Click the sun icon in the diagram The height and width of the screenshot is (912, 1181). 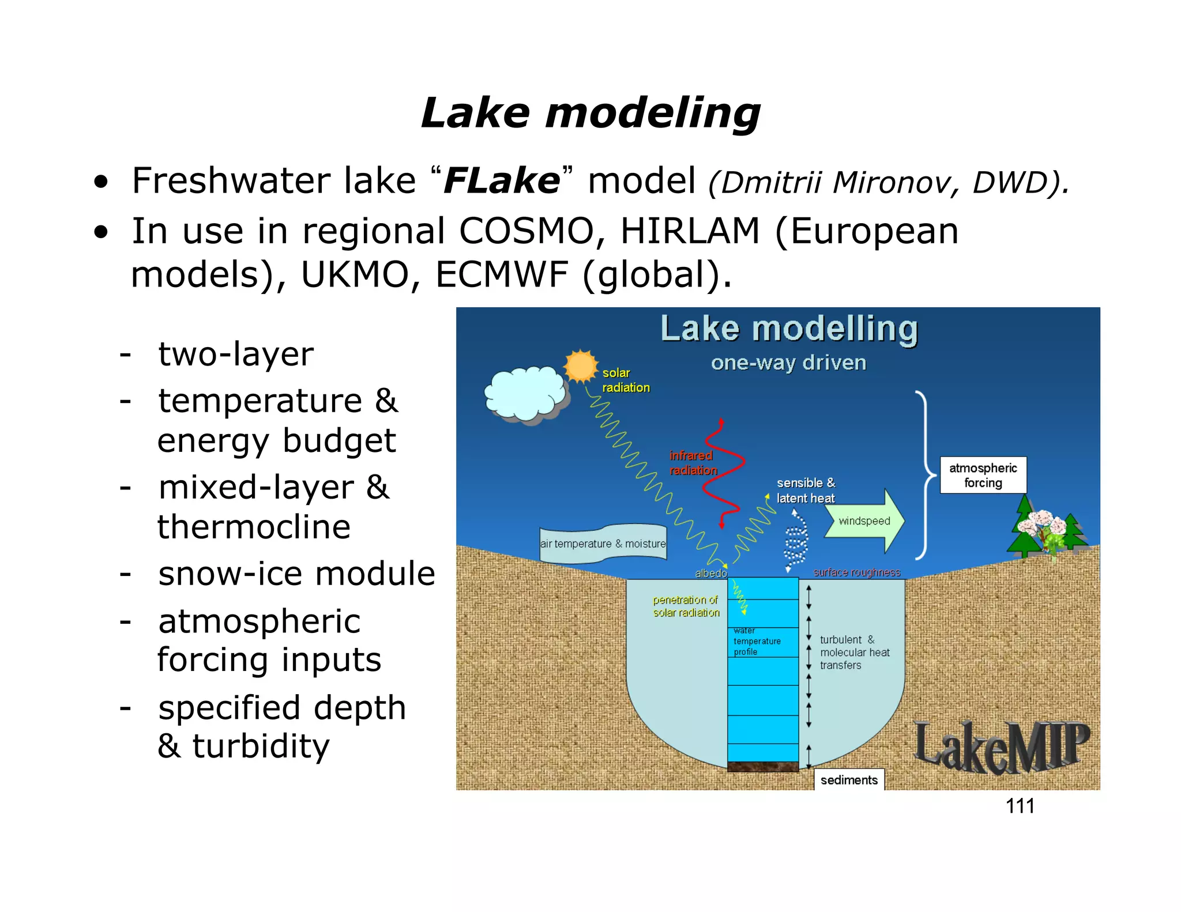[581, 366]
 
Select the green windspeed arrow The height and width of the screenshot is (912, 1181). [864, 521]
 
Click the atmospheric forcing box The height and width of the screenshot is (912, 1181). [983, 475]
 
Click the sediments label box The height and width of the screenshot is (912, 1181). [848, 780]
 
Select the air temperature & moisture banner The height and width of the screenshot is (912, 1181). [603, 543]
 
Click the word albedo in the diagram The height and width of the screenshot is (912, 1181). [710, 573]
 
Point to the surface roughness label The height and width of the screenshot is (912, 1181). [856, 572]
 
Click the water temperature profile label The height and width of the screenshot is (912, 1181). [757, 642]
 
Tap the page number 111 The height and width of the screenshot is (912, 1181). [1020, 805]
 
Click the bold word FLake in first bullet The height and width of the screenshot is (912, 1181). [501, 180]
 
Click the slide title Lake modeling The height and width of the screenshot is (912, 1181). [590, 112]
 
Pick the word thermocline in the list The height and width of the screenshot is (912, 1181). [254, 527]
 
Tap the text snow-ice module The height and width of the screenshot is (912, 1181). [296, 574]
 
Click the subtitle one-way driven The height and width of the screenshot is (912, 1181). [788, 363]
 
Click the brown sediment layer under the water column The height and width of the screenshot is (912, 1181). [762, 767]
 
